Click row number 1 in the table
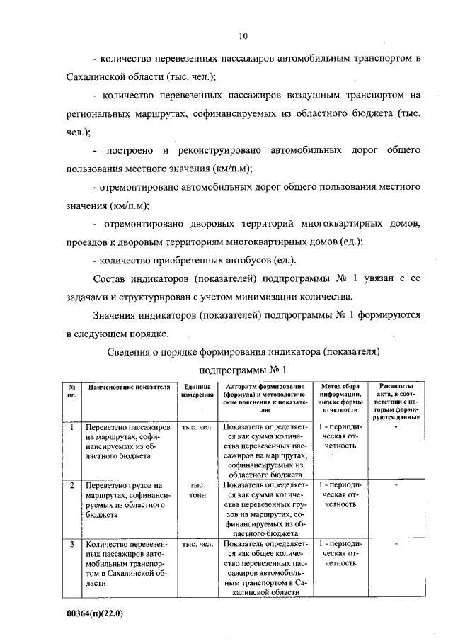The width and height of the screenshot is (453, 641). click(x=72, y=428)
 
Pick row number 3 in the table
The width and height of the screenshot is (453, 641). click(x=72, y=544)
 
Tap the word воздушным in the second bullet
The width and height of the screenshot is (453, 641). click(x=299, y=95)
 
